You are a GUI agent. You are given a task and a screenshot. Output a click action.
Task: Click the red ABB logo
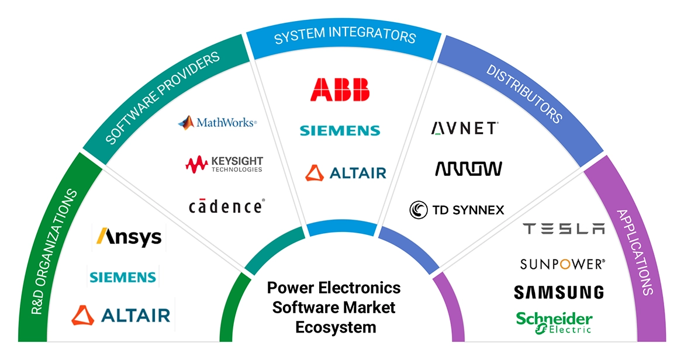coord(340,89)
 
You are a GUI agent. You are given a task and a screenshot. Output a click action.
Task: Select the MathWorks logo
coord(217,123)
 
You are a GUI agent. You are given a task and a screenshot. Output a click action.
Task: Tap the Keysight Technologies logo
coord(224,164)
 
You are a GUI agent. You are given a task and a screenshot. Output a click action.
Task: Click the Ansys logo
coord(129,237)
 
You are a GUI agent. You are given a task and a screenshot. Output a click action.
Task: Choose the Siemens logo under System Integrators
coord(340,130)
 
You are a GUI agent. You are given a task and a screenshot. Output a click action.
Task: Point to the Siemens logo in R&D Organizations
coord(123,276)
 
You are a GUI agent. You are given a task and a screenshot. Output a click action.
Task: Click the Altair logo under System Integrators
coord(346,173)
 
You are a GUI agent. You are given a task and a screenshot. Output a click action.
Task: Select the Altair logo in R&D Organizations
coord(121,315)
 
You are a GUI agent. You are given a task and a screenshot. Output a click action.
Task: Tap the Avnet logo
coord(465,128)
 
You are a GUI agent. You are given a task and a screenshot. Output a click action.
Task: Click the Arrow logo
coord(468,169)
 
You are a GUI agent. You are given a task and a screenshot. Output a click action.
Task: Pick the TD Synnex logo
coord(457,209)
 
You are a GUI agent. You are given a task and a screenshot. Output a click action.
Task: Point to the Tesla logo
coord(564,229)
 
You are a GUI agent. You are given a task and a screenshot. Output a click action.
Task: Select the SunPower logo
coord(562,264)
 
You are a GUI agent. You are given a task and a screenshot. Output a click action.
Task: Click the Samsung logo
coord(559,292)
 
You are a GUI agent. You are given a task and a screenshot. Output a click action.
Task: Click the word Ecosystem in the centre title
coord(336,327)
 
